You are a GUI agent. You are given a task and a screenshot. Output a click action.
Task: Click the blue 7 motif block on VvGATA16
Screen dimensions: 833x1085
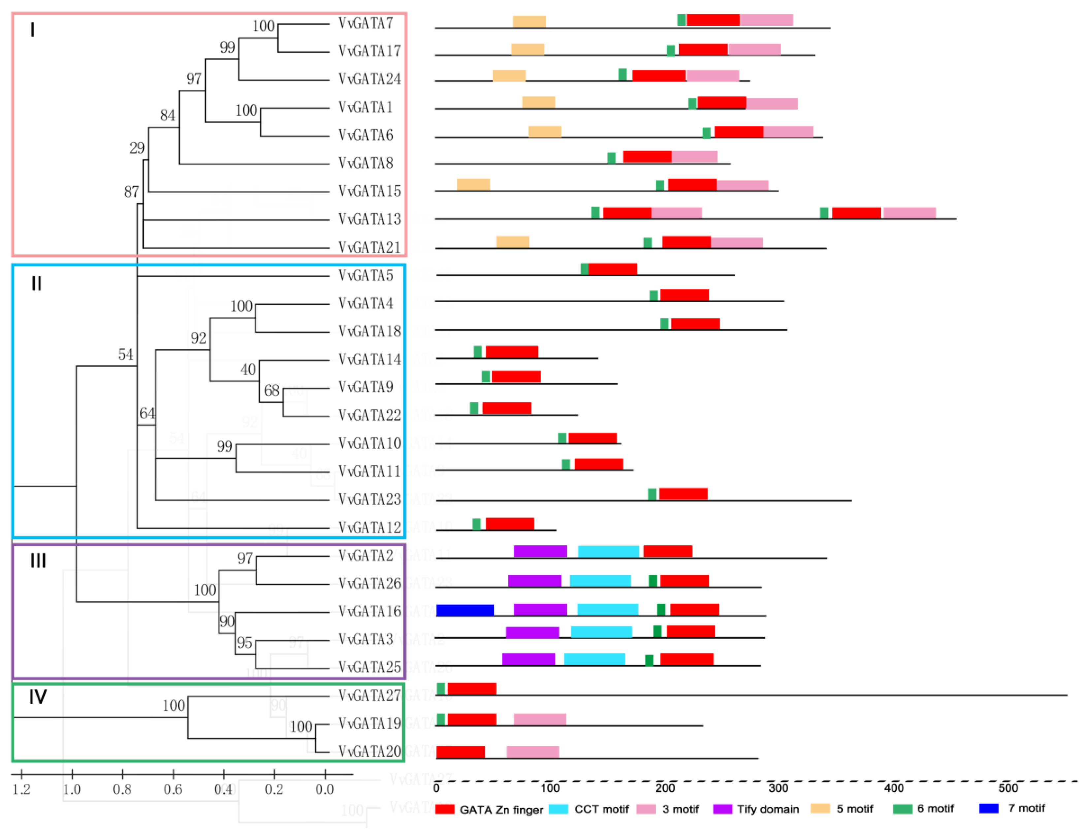coord(464,610)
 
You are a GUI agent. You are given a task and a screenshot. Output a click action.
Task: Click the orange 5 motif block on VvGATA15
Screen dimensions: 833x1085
coord(473,184)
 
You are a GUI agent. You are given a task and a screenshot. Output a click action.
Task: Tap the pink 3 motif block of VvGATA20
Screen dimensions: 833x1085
coord(532,752)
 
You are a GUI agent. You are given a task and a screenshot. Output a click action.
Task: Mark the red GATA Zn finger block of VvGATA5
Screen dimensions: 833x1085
coord(612,269)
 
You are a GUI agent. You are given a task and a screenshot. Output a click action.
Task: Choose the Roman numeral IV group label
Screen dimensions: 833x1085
coord(38,697)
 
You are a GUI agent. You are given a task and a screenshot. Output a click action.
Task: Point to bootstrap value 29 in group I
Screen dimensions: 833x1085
coord(137,148)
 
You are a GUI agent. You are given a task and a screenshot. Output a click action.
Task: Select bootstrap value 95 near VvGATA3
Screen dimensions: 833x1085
coord(244,643)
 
